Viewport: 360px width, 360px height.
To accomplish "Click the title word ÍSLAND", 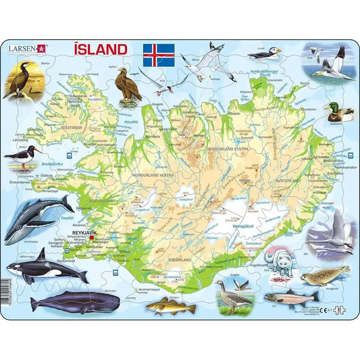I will pos(98,49).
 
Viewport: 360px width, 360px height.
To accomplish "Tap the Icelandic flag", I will pos(159,54).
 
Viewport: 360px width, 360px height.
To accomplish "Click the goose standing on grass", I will pos(233,294).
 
